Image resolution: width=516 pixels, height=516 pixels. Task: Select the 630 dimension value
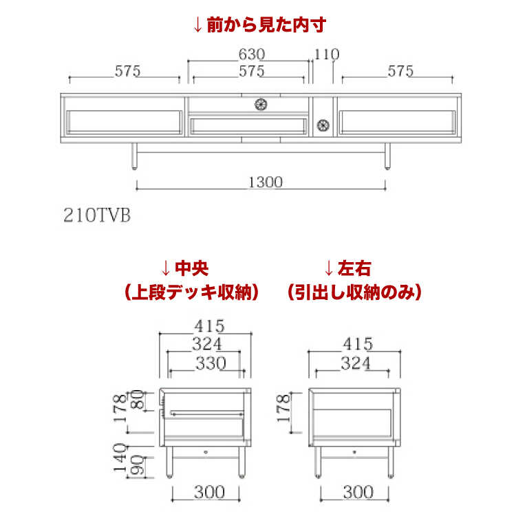click(252, 54)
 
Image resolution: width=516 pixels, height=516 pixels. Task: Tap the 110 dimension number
click(327, 54)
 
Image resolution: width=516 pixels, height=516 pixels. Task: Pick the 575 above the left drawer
click(127, 70)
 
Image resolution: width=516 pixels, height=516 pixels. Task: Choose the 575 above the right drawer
click(400, 70)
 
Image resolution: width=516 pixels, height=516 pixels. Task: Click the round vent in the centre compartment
click(261, 104)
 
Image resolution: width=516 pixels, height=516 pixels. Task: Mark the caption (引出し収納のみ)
click(354, 292)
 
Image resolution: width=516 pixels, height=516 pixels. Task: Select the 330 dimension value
click(209, 364)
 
